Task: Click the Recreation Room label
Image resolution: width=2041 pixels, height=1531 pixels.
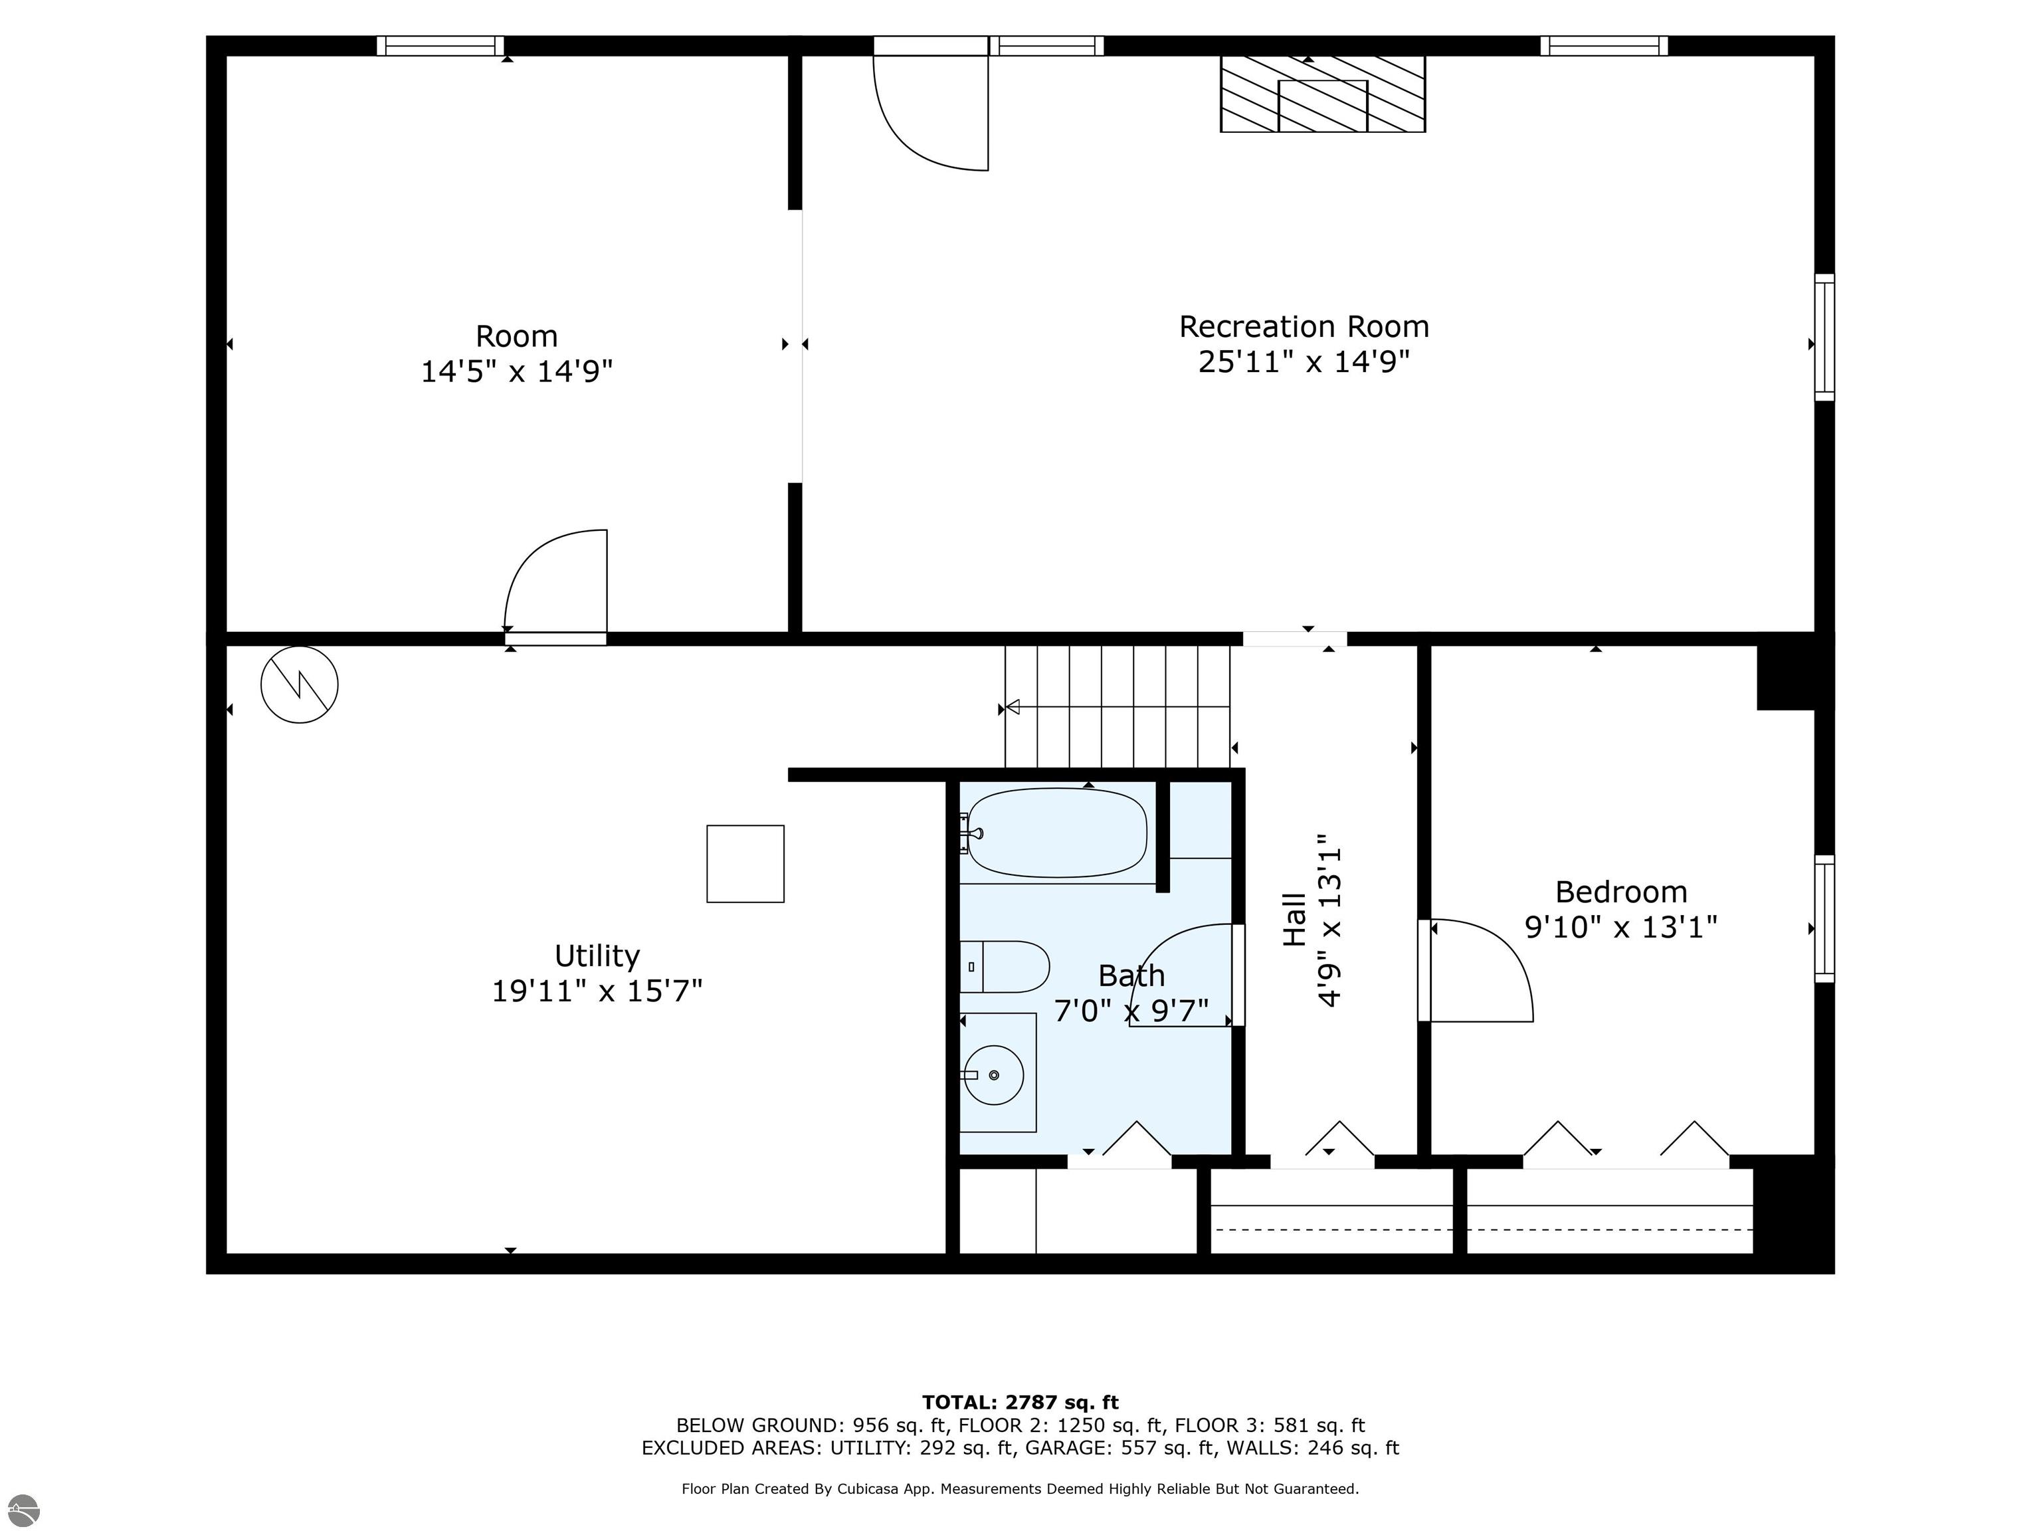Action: click(1303, 327)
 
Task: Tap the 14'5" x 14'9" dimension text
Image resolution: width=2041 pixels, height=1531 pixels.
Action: click(517, 371)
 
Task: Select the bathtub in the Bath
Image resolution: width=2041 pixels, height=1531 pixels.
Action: click(1056, 833)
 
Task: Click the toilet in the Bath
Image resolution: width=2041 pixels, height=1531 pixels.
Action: click(1006, 966)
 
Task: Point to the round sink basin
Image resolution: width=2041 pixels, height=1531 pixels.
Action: click(994, 1075)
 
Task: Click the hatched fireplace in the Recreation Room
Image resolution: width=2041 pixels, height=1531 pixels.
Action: click(1322, 94)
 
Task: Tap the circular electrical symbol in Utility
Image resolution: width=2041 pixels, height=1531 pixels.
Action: click(299, 684)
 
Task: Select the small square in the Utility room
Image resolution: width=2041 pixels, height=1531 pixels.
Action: click(745, 864)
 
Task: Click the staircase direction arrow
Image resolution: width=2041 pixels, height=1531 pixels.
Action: click(1013, 707)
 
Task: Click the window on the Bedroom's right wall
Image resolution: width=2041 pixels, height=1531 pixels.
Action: click(1824, 918)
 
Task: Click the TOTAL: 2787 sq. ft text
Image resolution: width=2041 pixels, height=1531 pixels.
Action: click(1020, 1403)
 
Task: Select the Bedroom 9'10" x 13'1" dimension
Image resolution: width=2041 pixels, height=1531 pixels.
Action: click(1620, 926)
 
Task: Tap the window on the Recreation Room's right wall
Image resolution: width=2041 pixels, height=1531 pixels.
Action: click(1824, 337)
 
